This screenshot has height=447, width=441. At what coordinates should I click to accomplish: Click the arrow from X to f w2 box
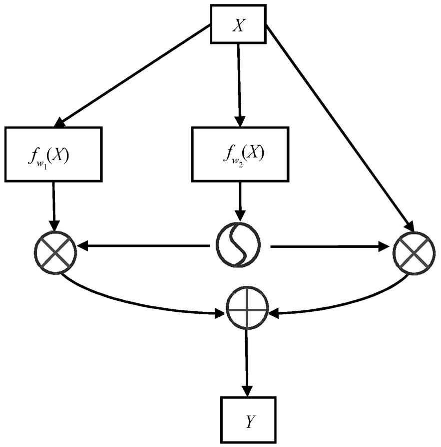pos(239,85)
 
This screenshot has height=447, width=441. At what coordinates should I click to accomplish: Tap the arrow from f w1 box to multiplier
pos(54,207)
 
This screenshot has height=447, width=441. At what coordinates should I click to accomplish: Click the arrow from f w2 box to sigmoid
pos(240,202)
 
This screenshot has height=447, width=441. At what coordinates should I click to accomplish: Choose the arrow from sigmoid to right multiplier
pos(330,246)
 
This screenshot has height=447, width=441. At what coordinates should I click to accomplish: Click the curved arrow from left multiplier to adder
pos(137,304)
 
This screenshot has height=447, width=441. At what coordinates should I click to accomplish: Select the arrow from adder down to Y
pos(247,363)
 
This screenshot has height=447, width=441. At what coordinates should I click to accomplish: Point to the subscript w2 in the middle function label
pos(237,165)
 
